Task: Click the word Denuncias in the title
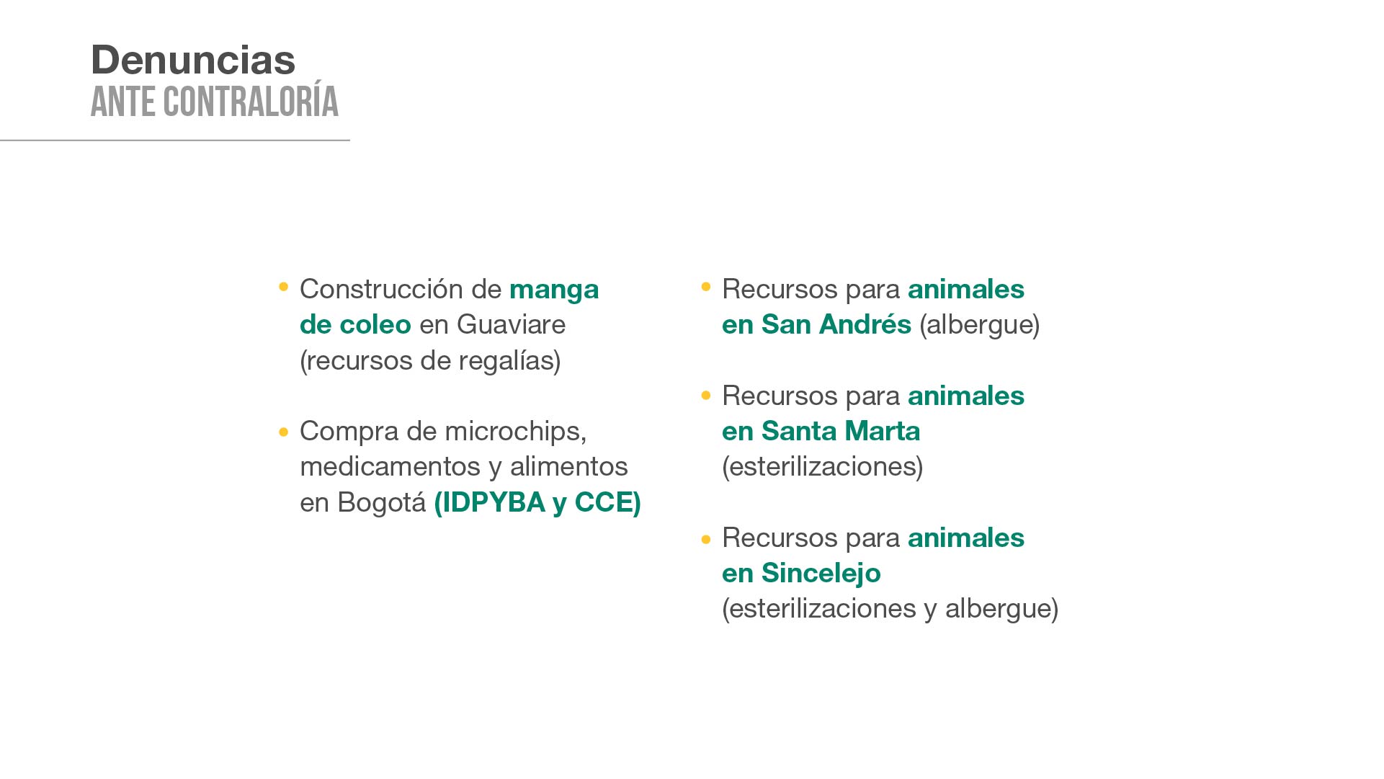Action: point(193,59)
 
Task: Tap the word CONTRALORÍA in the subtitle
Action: point(251,102)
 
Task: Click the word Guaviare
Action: point(511,324)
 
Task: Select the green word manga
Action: point(554,290)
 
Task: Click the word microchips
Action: point(515,432)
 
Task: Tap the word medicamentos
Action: point(390,466)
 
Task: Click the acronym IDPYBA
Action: point(490,502)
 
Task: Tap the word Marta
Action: point(882,431)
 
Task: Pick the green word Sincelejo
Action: point(821,574)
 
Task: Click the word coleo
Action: point(375,324)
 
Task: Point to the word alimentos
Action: point(569,466)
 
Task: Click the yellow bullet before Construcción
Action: point(284,287)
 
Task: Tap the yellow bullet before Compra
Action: point(284,432)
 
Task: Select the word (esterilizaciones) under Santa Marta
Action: point(823,466)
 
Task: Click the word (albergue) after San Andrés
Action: point(980,324)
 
